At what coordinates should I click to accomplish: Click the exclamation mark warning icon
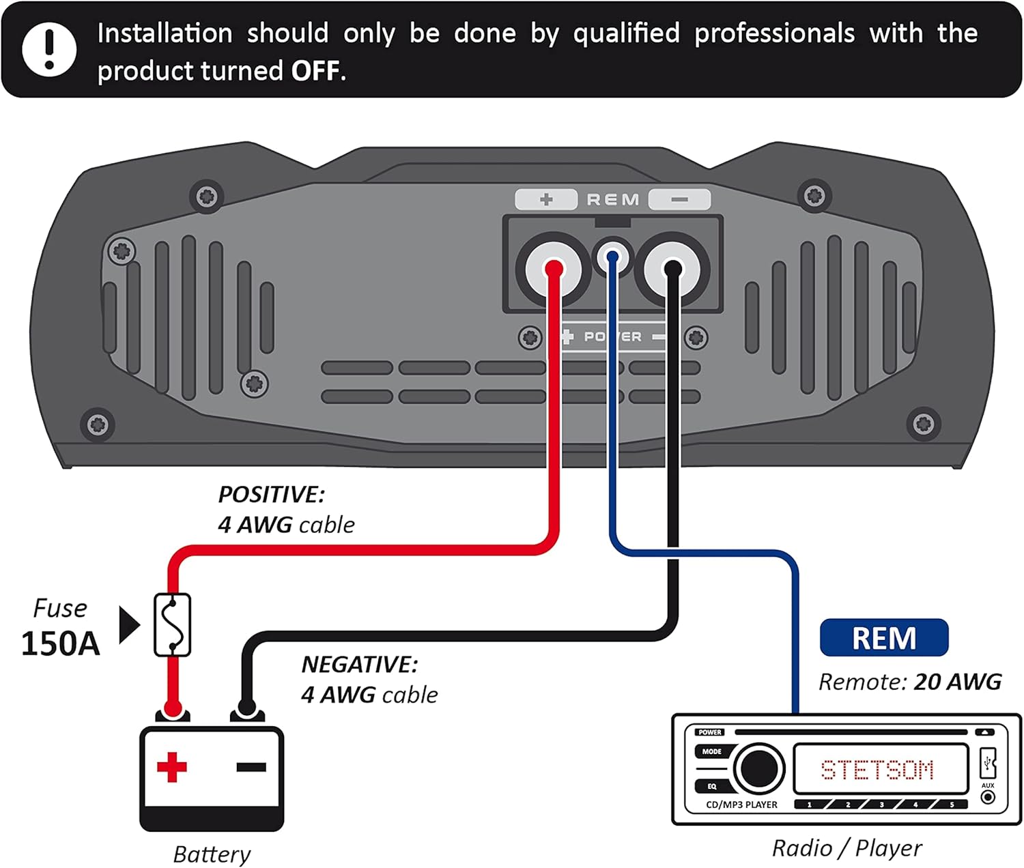coord(48,49)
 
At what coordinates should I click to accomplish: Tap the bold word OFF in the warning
coord(315,71)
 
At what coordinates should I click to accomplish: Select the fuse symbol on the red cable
coord(172,625)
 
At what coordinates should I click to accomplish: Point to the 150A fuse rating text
coord(60,643)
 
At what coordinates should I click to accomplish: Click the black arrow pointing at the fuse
coord(128,625)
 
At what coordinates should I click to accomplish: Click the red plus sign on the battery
coord(171,767)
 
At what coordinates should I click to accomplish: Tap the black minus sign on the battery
coord(251,767)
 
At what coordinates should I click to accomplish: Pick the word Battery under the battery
coord(212,854)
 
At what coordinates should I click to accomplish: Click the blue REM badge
coord(883,638)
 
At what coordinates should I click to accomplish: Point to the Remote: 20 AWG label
coord(909,682)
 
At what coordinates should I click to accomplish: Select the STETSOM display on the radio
coord(877,770)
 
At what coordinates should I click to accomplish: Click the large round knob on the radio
coord(758,769)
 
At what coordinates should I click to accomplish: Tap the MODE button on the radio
coord(711,751)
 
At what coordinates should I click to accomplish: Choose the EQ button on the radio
coord(711,786)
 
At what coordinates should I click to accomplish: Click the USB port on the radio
coord(988,762)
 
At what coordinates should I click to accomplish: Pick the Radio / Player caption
coord(847,848)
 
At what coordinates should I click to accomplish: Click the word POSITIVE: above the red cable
coord(271,495)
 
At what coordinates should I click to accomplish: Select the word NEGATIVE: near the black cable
coord(359,665)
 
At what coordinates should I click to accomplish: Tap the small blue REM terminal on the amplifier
coord(612,257)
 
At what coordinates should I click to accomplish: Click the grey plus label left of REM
coord(545,199)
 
